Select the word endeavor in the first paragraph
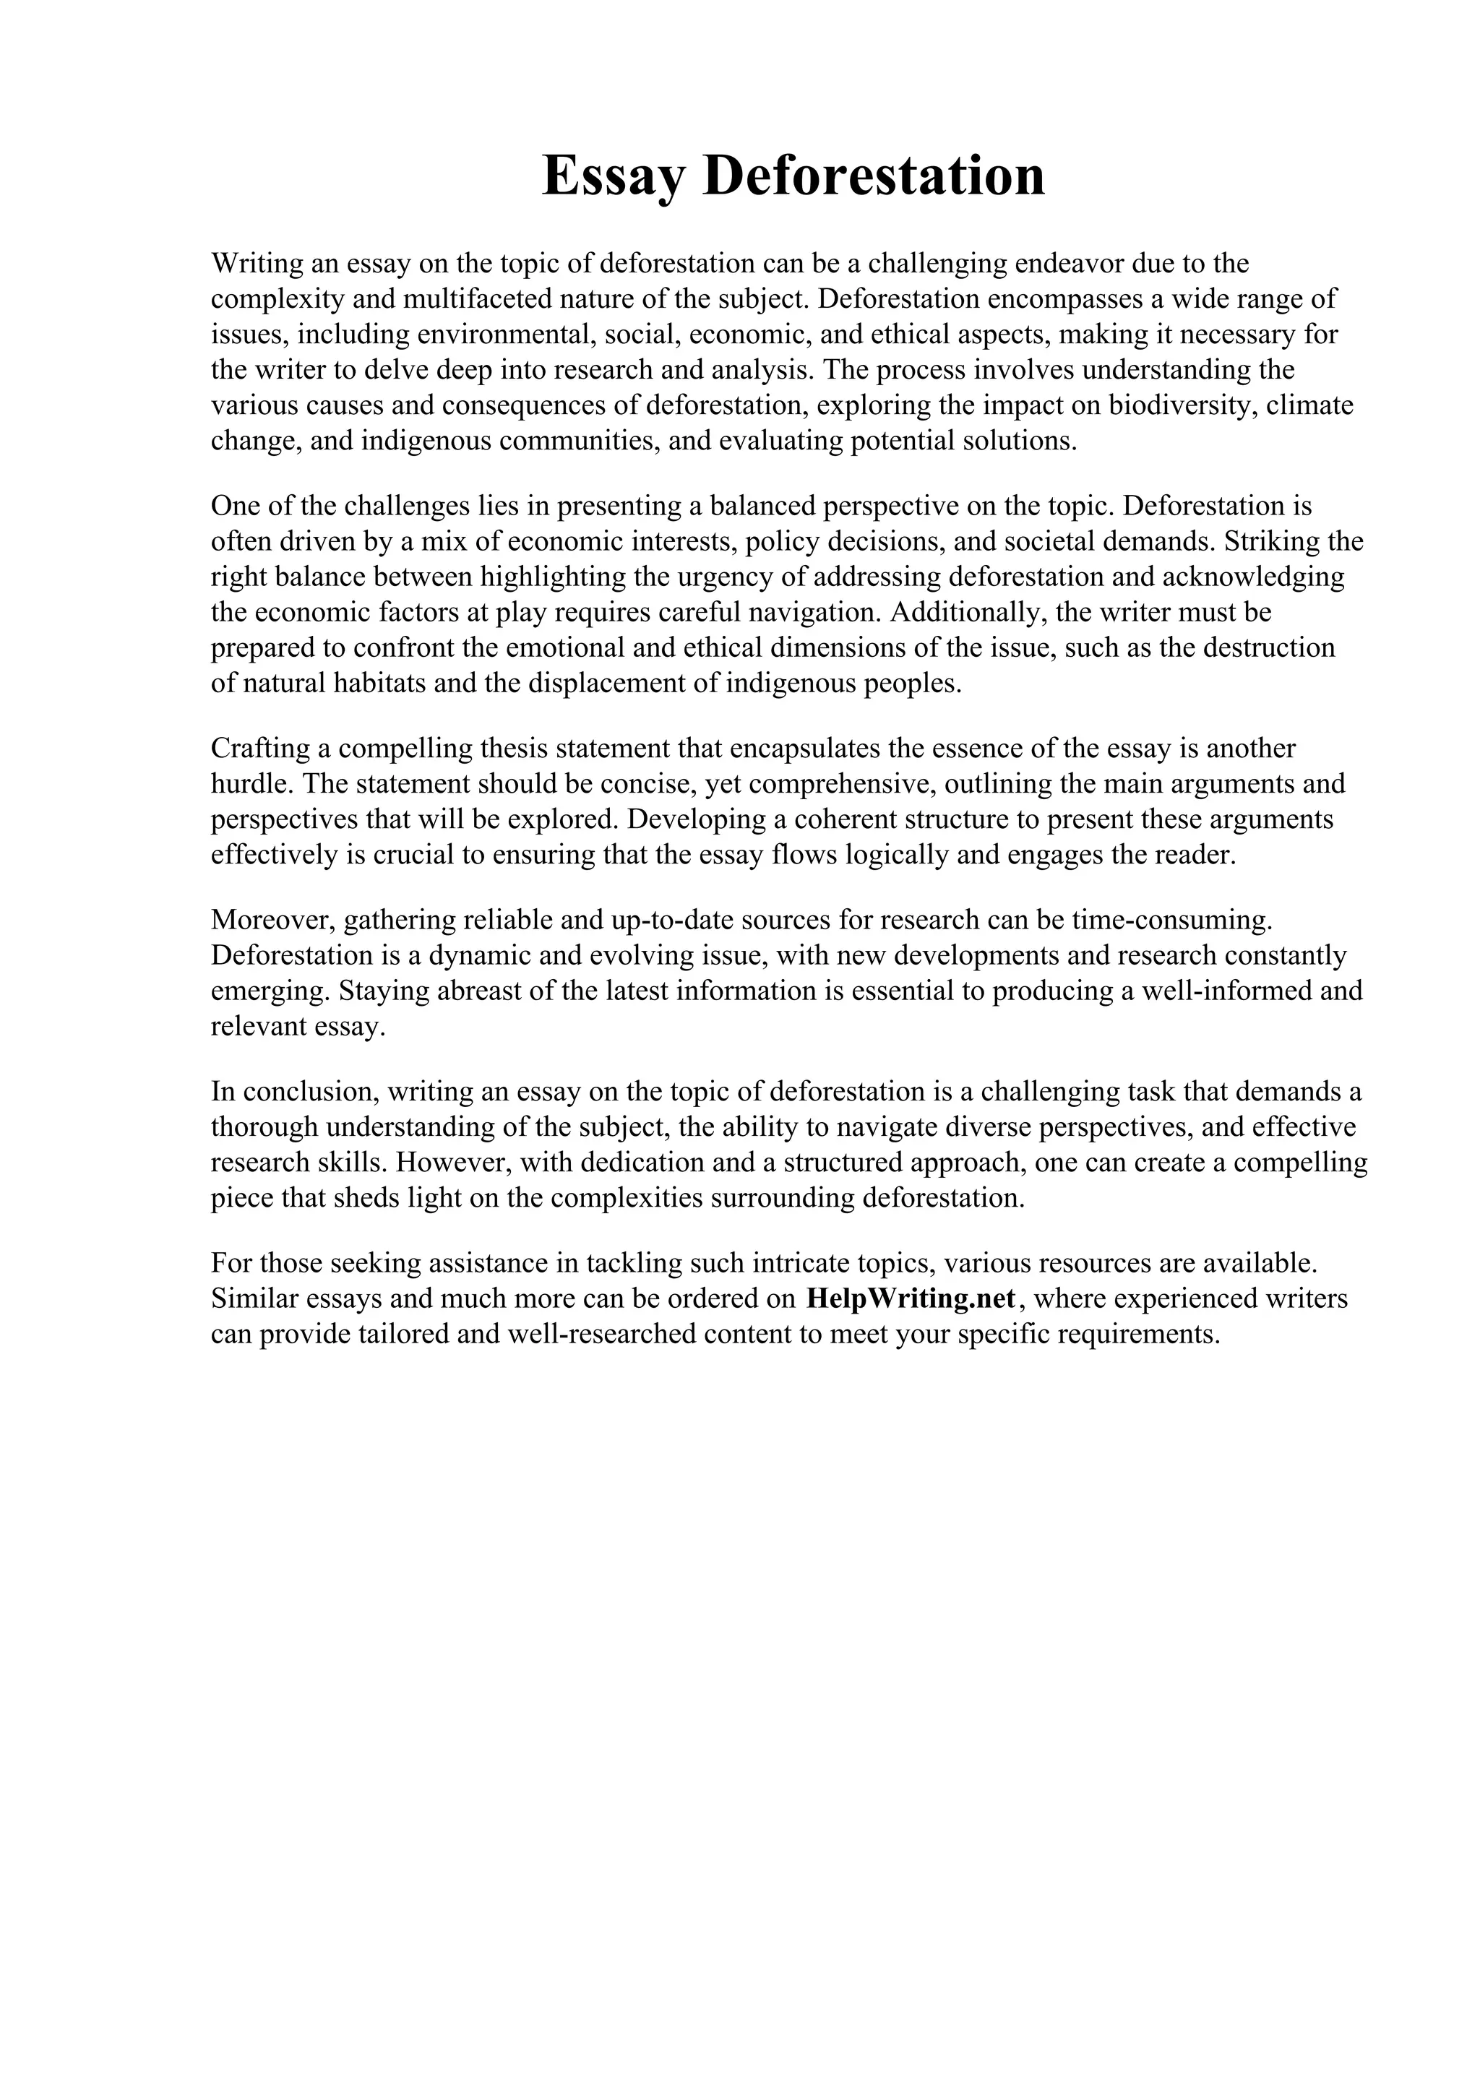[1065, 264]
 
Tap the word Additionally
[967, 612]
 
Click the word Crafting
[260, 749]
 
